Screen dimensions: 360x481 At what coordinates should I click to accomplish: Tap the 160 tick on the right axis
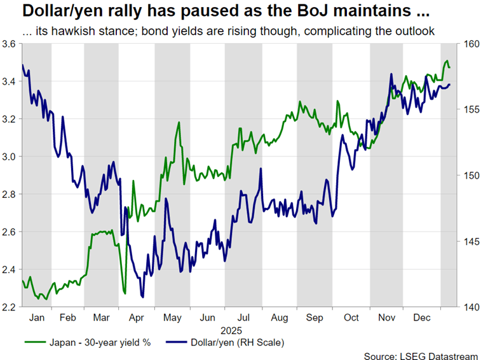coord(469,44)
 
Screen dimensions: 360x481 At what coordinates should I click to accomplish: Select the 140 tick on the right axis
coord(469,307)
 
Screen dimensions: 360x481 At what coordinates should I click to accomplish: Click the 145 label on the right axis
coord(469,242)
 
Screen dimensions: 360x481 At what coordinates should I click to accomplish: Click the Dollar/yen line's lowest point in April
coord(142,297)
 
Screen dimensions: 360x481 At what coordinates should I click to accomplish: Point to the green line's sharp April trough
coord(125,294)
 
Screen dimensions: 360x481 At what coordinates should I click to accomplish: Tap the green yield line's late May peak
coord(179,122)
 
